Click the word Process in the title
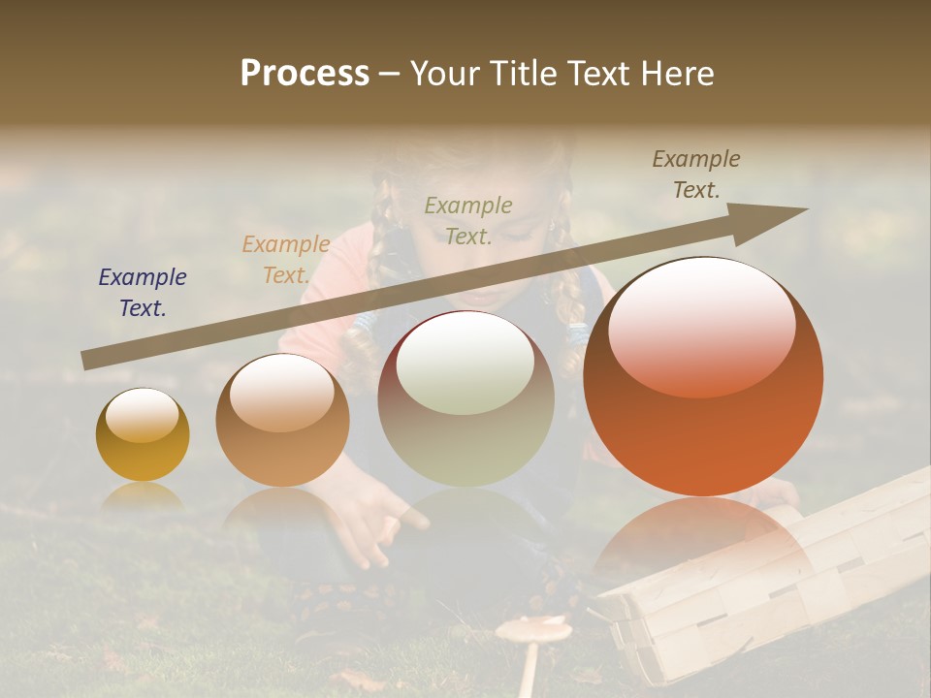[x=305, y=73]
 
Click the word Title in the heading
[x=521, y=73]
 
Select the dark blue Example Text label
[x=143, y=293]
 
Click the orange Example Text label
[x=286, y=259]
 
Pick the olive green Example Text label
[x=468, y=220]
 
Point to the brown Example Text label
[x=696, y=174]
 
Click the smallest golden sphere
[x=143, y=435]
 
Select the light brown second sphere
[x=282, y=420]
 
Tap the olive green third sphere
[x=465, y=398]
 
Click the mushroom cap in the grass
[x=533, y=630]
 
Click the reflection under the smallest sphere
[x=143, y=496]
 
